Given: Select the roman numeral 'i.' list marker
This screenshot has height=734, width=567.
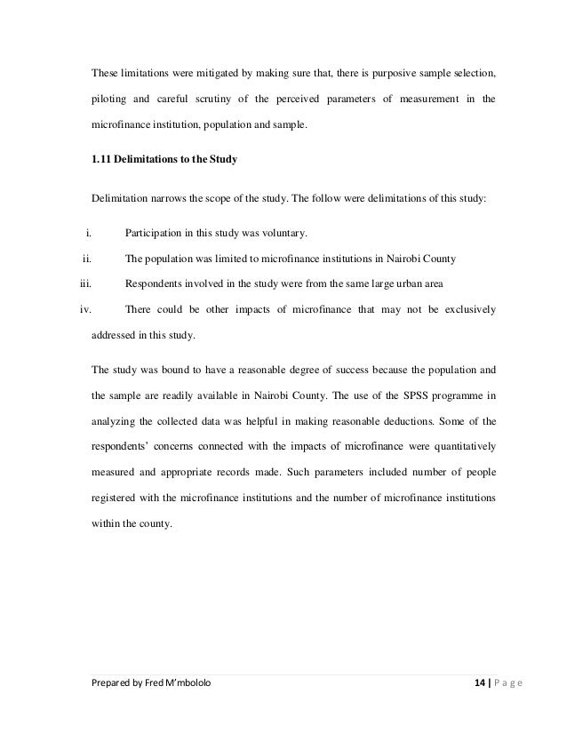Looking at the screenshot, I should [x=89, y=234].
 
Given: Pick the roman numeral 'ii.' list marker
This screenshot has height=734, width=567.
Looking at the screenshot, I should [x=87, y=259].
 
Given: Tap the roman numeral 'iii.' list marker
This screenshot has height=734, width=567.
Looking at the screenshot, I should [x=86, y=285].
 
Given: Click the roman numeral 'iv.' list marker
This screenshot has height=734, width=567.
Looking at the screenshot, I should [x=86, y=311].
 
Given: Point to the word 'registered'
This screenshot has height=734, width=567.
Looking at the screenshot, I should [x=116, y=498].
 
